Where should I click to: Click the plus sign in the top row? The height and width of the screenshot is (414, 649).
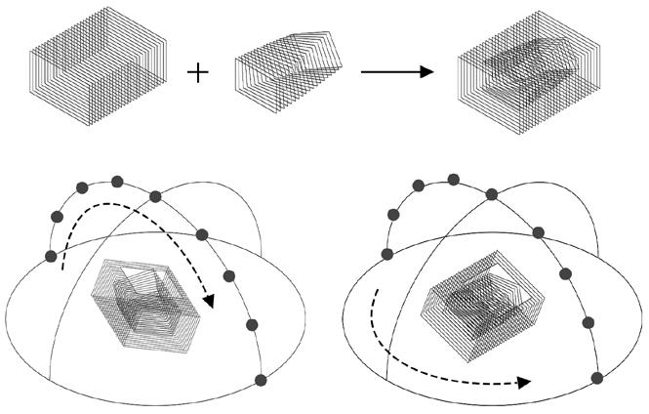click(x=198, y=73)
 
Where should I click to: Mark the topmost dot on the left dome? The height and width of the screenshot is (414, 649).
click(x=117, y=181)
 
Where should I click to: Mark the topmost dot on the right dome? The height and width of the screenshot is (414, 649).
click(x=453, y=179)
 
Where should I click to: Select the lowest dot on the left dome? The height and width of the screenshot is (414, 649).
click(x=260, y=380)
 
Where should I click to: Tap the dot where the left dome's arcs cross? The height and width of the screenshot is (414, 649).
click(x=154, y=196)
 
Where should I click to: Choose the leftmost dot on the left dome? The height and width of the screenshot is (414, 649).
click(x=51, y=256)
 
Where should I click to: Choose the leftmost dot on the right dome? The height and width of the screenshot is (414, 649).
click(x=387, y=254)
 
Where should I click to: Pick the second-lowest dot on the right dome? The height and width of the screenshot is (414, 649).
click(x=588, y=322)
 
